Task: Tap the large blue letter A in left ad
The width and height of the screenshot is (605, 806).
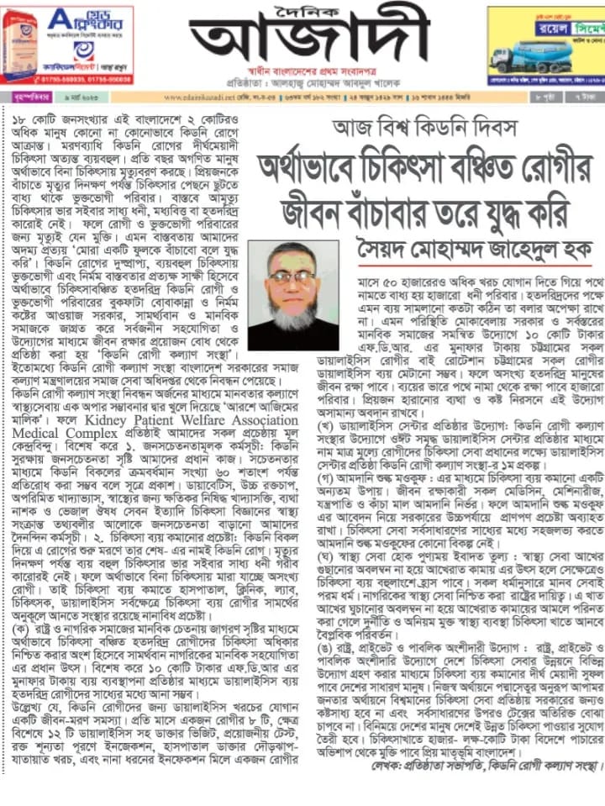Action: [60, 18]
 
